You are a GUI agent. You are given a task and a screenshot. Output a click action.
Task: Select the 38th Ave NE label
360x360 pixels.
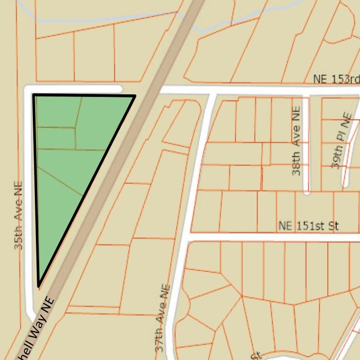coord(296,140)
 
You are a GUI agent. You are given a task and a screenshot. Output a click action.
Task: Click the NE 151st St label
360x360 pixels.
coord(308,226)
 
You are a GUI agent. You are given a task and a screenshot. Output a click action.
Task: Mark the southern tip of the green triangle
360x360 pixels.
coord(39,286)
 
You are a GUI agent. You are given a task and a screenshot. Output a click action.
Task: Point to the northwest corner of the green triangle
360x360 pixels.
coord(34,95)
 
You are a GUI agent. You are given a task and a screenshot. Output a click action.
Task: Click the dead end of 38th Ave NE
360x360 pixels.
coord(306,192)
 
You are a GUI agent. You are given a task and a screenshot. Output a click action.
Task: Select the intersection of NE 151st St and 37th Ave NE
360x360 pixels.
coord(187,237)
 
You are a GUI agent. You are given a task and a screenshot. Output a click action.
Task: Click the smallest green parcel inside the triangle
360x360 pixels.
coord(55,138)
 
